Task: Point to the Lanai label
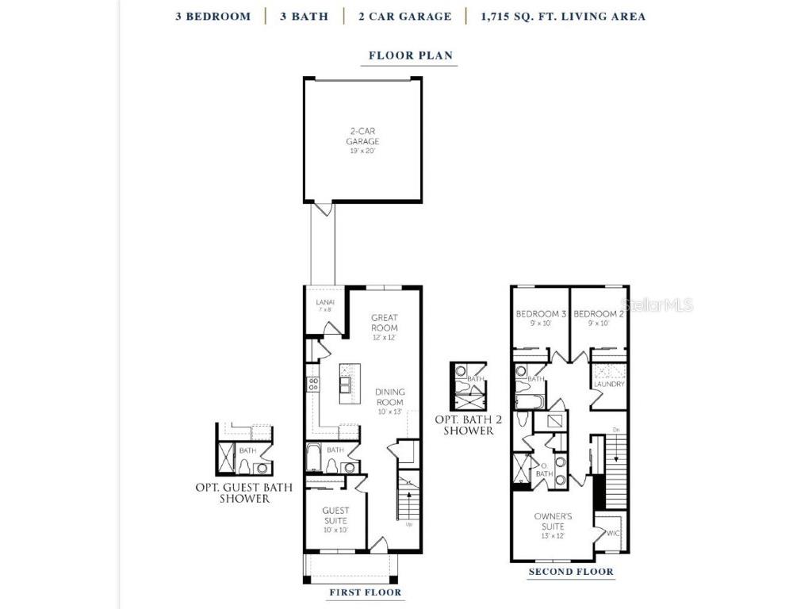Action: click(x=325, y=304)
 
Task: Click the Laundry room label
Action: click(x=609, y=385)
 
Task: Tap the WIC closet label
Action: click(x=613, y=534)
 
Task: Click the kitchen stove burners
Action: click(x=313, y=385)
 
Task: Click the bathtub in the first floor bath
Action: click(x=313, y=458)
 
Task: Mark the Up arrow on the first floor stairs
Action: click(x=408, y=524)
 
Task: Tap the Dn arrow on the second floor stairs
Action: click(x=616, y=431)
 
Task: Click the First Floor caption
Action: click(x=365, y=592)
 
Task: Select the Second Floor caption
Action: click(x=571, y=572)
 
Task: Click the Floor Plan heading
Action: click(x=411, y=56)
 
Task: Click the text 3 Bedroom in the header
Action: click(x=213, y=16)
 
